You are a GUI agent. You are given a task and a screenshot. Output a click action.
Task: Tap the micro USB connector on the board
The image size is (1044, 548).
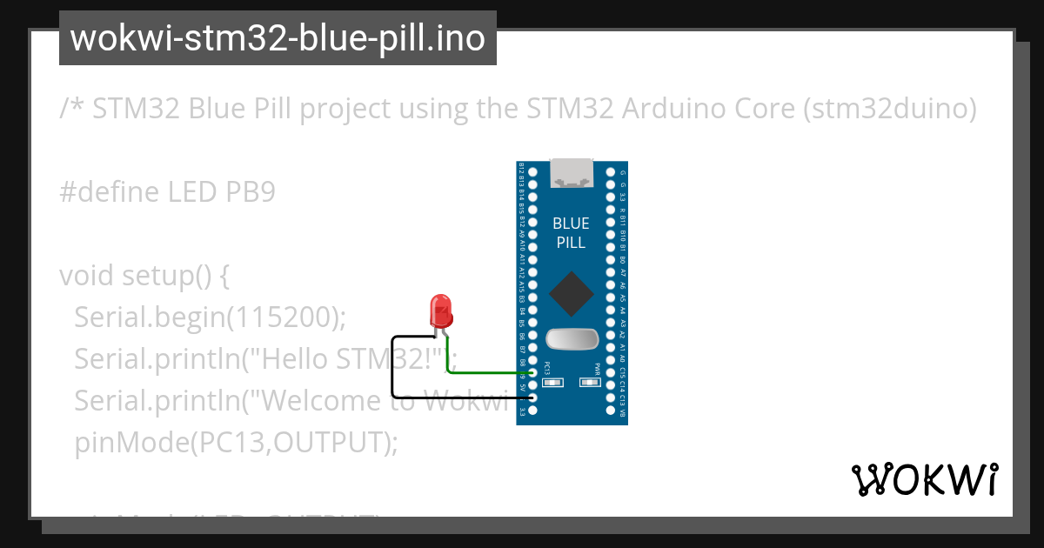coord(572,172)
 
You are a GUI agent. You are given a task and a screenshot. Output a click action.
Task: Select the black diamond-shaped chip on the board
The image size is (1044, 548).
coord(572,294)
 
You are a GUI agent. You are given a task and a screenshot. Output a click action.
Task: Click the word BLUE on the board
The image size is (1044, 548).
coord(571,224)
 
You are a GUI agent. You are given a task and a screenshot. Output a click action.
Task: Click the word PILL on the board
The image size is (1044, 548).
coord(571,243)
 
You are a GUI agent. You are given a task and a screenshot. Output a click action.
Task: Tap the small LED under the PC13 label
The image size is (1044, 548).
coord(547,382)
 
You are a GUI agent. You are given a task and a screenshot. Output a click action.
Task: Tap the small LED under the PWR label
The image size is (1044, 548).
coord(597,382)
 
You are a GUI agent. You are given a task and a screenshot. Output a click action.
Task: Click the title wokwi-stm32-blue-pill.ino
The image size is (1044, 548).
coord(278,38)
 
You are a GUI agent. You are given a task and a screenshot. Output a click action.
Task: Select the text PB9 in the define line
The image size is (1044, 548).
coord(250,192)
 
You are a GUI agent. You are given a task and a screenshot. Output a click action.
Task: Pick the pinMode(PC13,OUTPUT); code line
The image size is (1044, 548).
coord(236,443)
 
